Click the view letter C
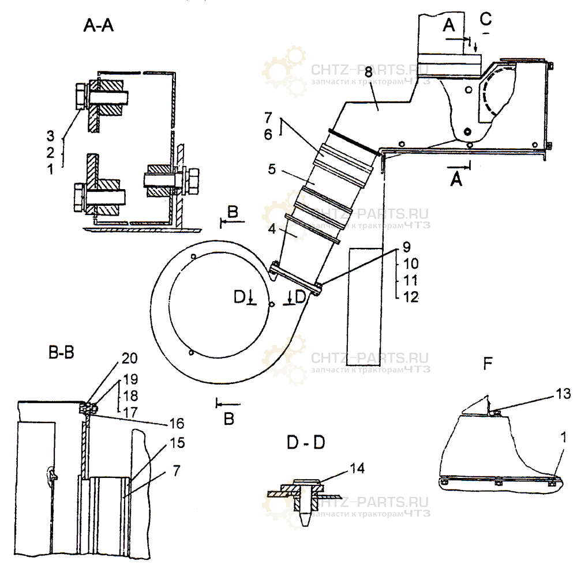coord(486,18)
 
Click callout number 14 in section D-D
coord(357,468)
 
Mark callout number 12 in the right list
coord(411,297)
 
